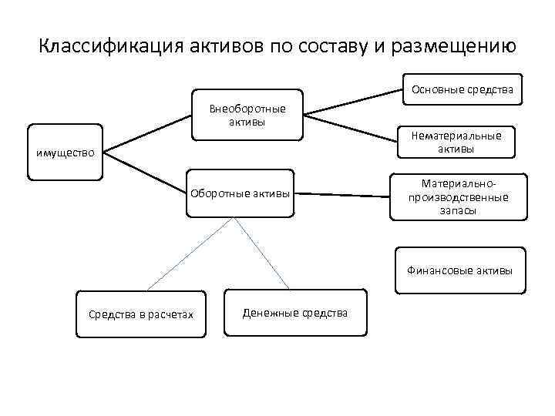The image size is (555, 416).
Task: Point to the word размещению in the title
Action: (x=452, y=47)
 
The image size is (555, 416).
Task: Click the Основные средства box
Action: (x=462, y=90)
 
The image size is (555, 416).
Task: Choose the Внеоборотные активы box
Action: (x=247, y=115)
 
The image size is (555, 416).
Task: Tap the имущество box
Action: (x=65, y=153)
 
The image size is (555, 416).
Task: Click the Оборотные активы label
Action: (x=240, y=193)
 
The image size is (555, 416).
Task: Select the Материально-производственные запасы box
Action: (x=459, y=197)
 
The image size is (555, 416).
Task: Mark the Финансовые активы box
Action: (x=459, y=270)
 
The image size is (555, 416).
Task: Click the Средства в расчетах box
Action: (x=141, y=314)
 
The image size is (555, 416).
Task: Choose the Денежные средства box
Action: (x=294, y=312)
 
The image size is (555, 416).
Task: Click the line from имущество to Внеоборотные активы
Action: (x=146, y=136)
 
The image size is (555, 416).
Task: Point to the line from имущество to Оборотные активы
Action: (x=146, y=172)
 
